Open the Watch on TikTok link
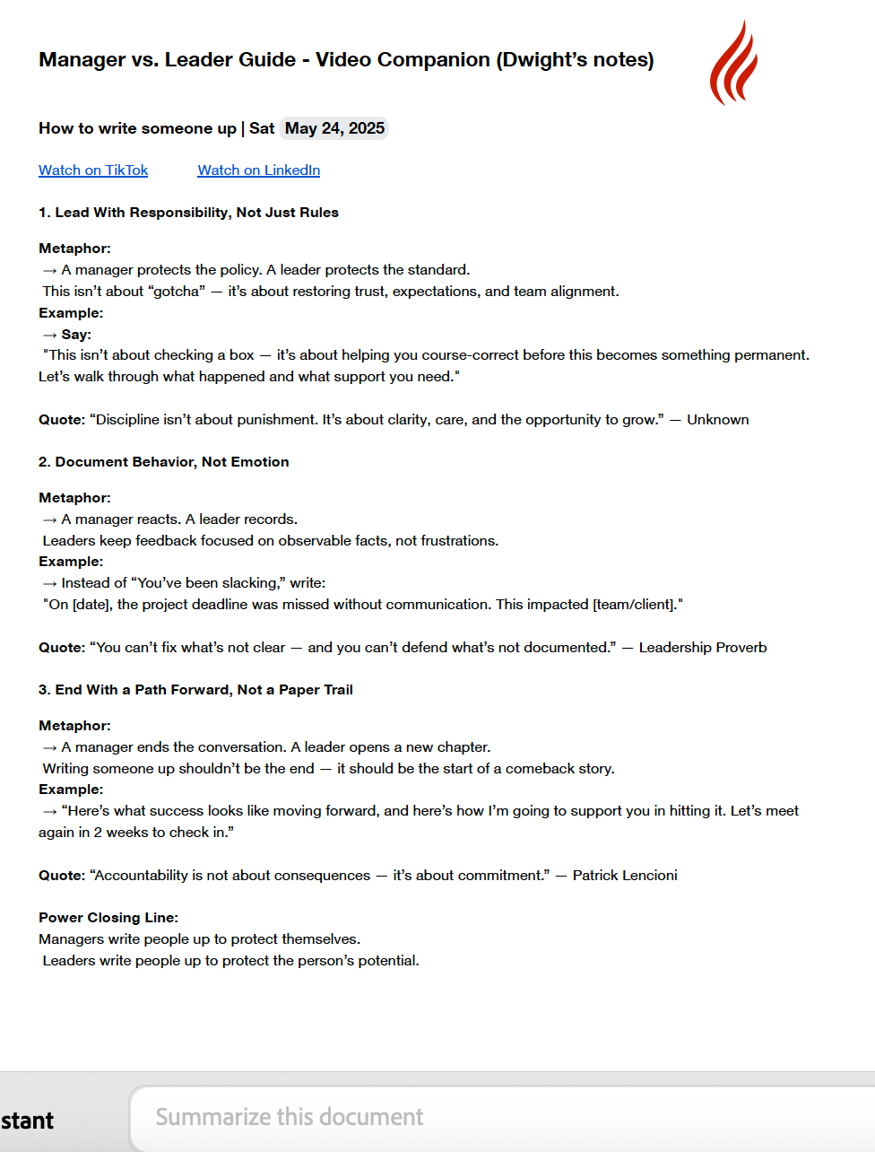(93, 170)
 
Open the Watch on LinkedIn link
(258, 170)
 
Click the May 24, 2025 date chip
(334, 128)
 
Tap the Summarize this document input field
(502, 1117)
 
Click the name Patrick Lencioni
(625, 876)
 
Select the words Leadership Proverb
(702, 648)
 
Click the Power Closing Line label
(108, 918)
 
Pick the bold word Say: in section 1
(76, 335)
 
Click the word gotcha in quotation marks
(176, 292)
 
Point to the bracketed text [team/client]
(635, 605)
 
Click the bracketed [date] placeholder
(91, 605)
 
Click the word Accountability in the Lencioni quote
(141, 876)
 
